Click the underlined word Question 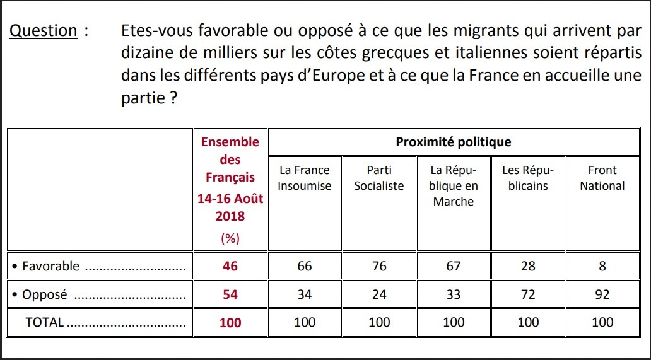44,31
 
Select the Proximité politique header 453,142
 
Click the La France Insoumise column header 304,178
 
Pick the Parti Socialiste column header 378,178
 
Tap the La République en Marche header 453,185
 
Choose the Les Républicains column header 528,178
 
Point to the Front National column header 602,178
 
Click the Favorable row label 50,266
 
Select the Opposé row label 44,294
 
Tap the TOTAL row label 44,322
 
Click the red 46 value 230,266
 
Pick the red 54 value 230,294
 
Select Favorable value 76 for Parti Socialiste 378,266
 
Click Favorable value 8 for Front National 602,266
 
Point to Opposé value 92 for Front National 602,294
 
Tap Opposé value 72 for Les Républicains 528,294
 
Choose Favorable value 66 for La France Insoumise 304,266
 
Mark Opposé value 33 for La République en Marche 453,294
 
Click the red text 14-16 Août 230,198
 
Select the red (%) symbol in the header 230,238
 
